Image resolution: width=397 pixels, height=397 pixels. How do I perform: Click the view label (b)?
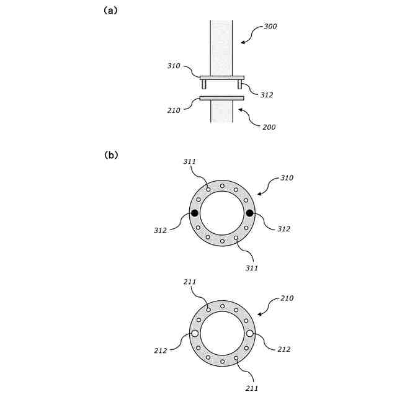tap(111, 156)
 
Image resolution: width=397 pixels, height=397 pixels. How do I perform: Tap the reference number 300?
tap(270, 27)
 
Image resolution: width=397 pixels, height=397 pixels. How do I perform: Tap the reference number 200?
tap(269, 127)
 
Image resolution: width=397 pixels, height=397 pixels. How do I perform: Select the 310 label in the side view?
tap(174, 65)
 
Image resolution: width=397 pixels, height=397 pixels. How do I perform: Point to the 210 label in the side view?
tap(174, 110)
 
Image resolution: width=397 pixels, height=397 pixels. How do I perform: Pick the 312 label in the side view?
tap(267, 95)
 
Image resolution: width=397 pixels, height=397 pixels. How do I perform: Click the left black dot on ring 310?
tap(195, 213)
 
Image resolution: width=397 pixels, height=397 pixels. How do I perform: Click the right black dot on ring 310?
tap(249, 213)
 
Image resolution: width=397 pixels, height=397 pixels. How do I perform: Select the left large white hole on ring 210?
tap(195, 333)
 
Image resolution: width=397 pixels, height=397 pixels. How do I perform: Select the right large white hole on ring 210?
tap(249, 333)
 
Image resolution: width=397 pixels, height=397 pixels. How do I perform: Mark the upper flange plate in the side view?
tap(221, 78)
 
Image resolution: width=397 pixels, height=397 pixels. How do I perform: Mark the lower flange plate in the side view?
tap(221, 97)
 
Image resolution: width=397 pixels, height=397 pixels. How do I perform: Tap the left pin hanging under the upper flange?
tap(204, 84)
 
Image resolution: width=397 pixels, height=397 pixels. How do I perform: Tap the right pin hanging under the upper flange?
tap(239, 84)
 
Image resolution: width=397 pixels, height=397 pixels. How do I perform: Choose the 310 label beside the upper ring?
tap(287, 178)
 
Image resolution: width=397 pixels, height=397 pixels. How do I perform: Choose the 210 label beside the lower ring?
tap(287, 298)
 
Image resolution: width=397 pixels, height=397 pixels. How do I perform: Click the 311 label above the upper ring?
tap(190, 162)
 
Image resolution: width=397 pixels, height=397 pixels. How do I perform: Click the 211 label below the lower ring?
tap(251, 388)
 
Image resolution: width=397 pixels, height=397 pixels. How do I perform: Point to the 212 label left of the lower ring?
tap(160, 350)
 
